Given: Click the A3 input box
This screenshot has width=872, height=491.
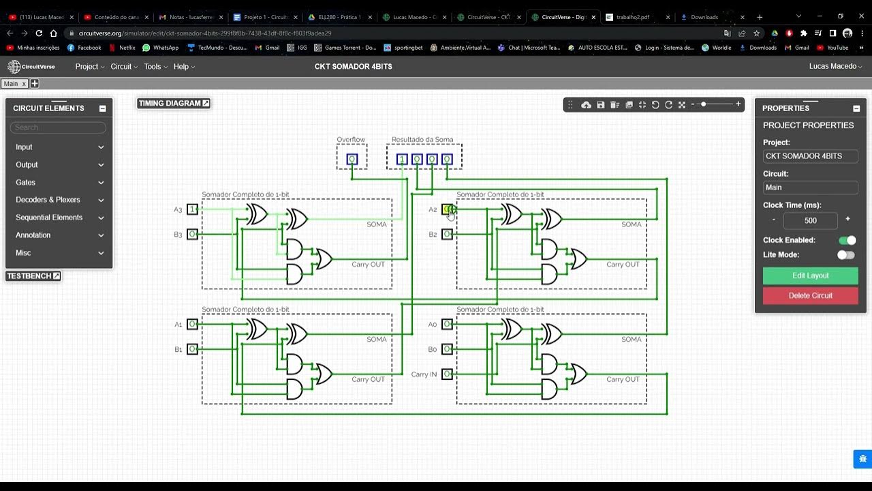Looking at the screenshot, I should (193, 209).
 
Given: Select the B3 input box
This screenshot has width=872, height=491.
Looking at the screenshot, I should (193, 234).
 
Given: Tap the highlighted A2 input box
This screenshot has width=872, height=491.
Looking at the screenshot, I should (448, 209).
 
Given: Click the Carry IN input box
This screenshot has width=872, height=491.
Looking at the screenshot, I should (447, 374).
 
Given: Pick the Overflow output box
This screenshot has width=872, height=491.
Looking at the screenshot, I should (352, 160).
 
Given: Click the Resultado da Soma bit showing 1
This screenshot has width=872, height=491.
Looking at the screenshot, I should (402, 160).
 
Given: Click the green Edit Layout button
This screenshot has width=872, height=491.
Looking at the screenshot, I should (810, 276).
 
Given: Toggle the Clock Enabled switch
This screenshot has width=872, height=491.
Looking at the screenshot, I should (847, 240).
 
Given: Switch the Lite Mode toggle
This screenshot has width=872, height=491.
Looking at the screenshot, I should (845, 254).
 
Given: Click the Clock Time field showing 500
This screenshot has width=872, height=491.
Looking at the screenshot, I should (810, 220).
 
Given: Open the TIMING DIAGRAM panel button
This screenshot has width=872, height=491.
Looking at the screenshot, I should (174, 104).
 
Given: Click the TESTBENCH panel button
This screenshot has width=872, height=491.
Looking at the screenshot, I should (33, 276).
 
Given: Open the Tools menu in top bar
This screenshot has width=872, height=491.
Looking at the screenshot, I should (155, 66).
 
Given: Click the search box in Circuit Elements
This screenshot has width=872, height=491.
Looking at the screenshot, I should (59, 128).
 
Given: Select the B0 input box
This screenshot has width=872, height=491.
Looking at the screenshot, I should (447, 349).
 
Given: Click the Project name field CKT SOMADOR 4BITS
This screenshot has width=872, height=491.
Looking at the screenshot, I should (810, 156).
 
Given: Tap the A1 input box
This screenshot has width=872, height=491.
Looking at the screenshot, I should (193, 324).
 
